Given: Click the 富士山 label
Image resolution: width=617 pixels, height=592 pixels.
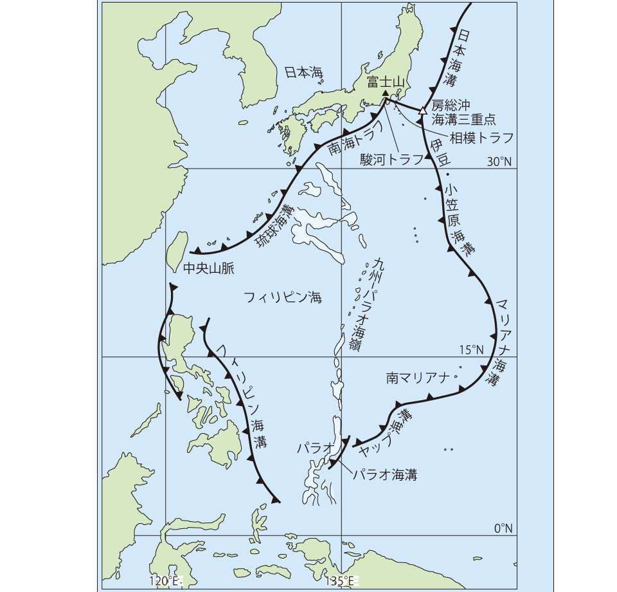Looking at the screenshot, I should [384, 82].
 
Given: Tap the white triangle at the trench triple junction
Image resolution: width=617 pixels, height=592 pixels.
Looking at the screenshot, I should [422, 110].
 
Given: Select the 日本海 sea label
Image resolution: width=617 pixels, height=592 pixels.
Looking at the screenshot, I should [303, 71].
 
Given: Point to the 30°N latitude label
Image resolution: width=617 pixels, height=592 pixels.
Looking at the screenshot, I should [499, 162].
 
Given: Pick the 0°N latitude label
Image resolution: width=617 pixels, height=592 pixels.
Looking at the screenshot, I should [503, 528].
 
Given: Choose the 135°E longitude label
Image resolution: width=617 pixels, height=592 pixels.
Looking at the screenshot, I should [341, 581].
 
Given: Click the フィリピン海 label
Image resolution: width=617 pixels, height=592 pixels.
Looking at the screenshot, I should [282, 297].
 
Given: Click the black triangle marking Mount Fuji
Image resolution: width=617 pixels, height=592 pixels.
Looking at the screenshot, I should [385, 93].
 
